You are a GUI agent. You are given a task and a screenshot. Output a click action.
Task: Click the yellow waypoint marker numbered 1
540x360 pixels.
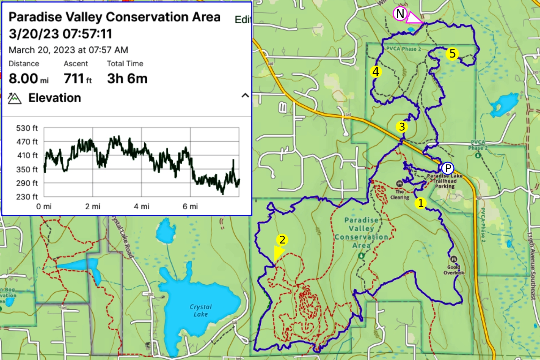tap(421, 203)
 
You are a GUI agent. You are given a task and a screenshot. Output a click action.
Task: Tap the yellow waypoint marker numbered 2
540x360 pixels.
tap(282, 240)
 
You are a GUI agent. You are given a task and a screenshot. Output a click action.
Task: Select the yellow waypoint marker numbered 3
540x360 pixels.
tap(402, 127)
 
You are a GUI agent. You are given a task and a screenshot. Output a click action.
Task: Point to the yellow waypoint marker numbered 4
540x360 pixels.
tap(375, 72)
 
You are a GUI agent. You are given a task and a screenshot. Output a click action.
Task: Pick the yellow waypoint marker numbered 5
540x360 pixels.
tap(452, 54)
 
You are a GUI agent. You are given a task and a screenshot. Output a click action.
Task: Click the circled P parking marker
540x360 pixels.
tap(448, 168)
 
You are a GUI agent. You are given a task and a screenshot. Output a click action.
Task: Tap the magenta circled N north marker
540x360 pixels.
tap(400, 14)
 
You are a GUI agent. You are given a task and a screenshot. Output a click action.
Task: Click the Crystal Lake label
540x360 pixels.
tap(200, 310)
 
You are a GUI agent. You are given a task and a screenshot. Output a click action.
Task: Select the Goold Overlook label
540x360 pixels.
tap(454, 270)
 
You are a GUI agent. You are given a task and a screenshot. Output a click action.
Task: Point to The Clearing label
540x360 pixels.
tap(400, 194)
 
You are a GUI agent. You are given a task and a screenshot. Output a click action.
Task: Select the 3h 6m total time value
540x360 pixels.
tap(127, 79)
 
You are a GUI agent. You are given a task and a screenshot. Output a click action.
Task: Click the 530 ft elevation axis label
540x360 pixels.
tap(27, 128)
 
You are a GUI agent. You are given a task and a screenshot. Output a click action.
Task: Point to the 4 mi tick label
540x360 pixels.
tap(141, 207)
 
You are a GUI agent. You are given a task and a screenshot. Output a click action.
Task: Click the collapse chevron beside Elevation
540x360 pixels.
tap(245, 96)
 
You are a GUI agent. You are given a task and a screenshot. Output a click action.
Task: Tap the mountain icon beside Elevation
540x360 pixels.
tap(15, 98)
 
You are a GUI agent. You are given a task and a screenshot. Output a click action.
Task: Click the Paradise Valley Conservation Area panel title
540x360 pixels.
tap(114, 17)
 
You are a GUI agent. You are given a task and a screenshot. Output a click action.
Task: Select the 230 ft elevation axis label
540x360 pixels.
tap(27, 197)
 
